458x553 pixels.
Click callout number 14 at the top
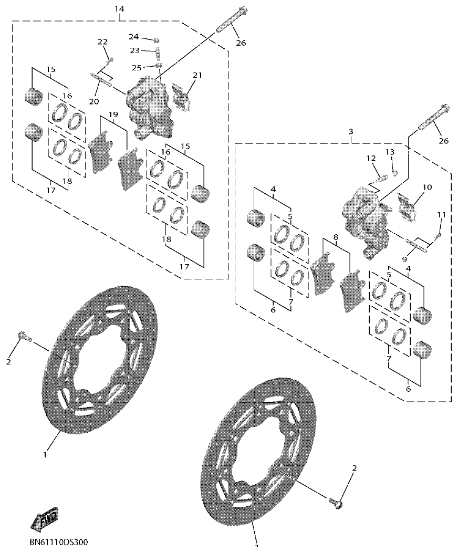119,9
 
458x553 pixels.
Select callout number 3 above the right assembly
351,131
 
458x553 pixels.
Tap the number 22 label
102,42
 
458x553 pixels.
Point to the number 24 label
134,37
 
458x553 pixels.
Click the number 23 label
135,51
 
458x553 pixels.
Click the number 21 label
197,76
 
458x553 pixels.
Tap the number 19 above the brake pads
113,114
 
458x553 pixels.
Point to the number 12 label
371,158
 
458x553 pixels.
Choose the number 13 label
389,152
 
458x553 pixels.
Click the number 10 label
426,187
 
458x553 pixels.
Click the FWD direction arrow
45,518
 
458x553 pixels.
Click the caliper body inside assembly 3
366,220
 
